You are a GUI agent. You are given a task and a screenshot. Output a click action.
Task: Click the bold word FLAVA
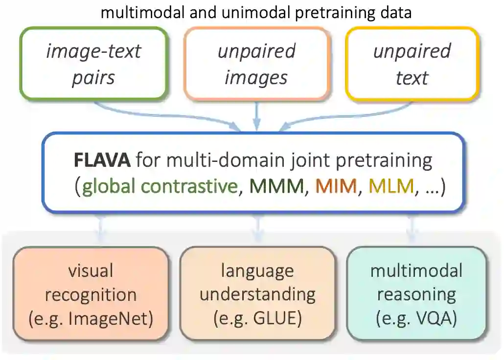[101, 160]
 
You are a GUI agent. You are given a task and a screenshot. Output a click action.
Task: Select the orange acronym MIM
[336, 187]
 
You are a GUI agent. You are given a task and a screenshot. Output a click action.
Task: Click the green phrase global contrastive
[159, 187]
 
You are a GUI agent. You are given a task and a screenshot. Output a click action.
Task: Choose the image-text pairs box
[93, 64]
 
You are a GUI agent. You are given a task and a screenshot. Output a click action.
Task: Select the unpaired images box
[256, 64]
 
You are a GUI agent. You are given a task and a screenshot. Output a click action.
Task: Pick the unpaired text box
[412, 64]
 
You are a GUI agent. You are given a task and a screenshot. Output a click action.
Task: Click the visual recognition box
[91, 293]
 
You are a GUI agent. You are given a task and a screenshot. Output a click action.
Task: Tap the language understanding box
[257, 293]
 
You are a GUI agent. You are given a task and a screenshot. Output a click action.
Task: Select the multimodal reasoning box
[416, 293]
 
